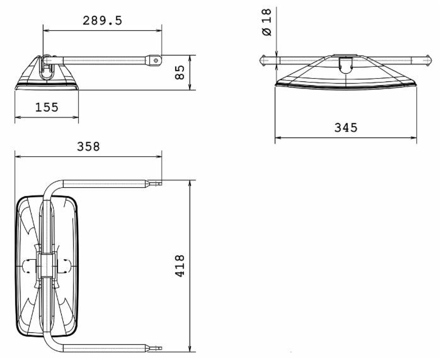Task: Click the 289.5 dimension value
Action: (x=102, y=20)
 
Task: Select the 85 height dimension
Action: (x=180, y=72)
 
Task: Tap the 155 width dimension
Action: (x=47, y=107)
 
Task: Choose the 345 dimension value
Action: (x=345, y=128)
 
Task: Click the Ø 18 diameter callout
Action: (x=266, y=23)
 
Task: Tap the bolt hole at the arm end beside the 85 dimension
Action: (x=156, y=60)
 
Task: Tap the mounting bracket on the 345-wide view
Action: (x=345, y=64)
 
